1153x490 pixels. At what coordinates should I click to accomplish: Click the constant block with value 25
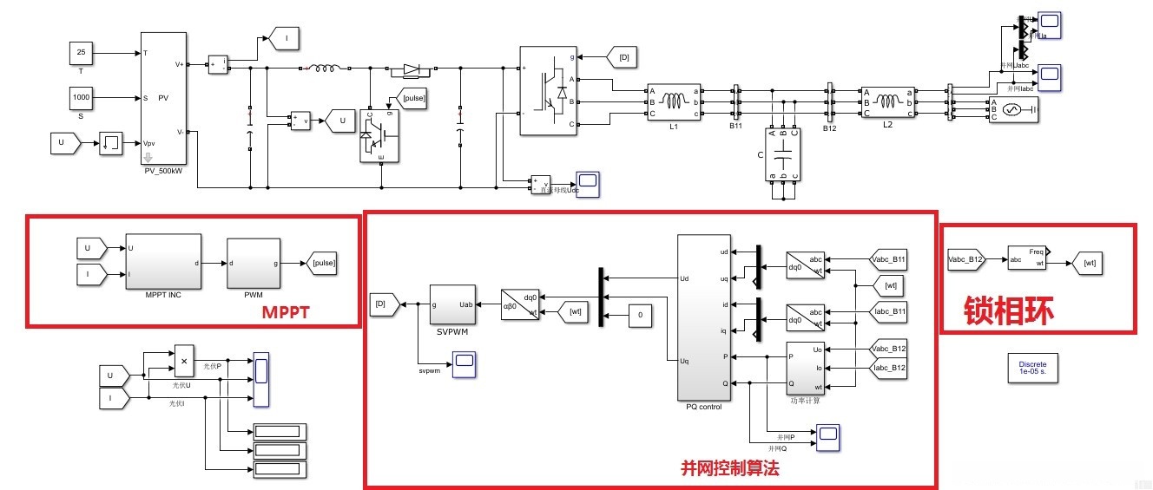[x=81, y=53]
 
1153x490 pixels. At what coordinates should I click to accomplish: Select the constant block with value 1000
[x=81, y=98]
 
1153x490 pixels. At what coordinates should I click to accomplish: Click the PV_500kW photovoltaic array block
[x=163, y=98]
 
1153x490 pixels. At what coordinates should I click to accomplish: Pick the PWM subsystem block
[x=253, y=263]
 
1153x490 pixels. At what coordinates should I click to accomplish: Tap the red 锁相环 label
[x=1009, y=310]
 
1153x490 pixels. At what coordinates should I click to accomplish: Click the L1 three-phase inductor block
[x=673, y=102]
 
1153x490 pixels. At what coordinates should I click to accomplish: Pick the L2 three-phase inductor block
[x=886, y=102]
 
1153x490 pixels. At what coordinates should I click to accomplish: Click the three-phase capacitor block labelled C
[x=783, y=154]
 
